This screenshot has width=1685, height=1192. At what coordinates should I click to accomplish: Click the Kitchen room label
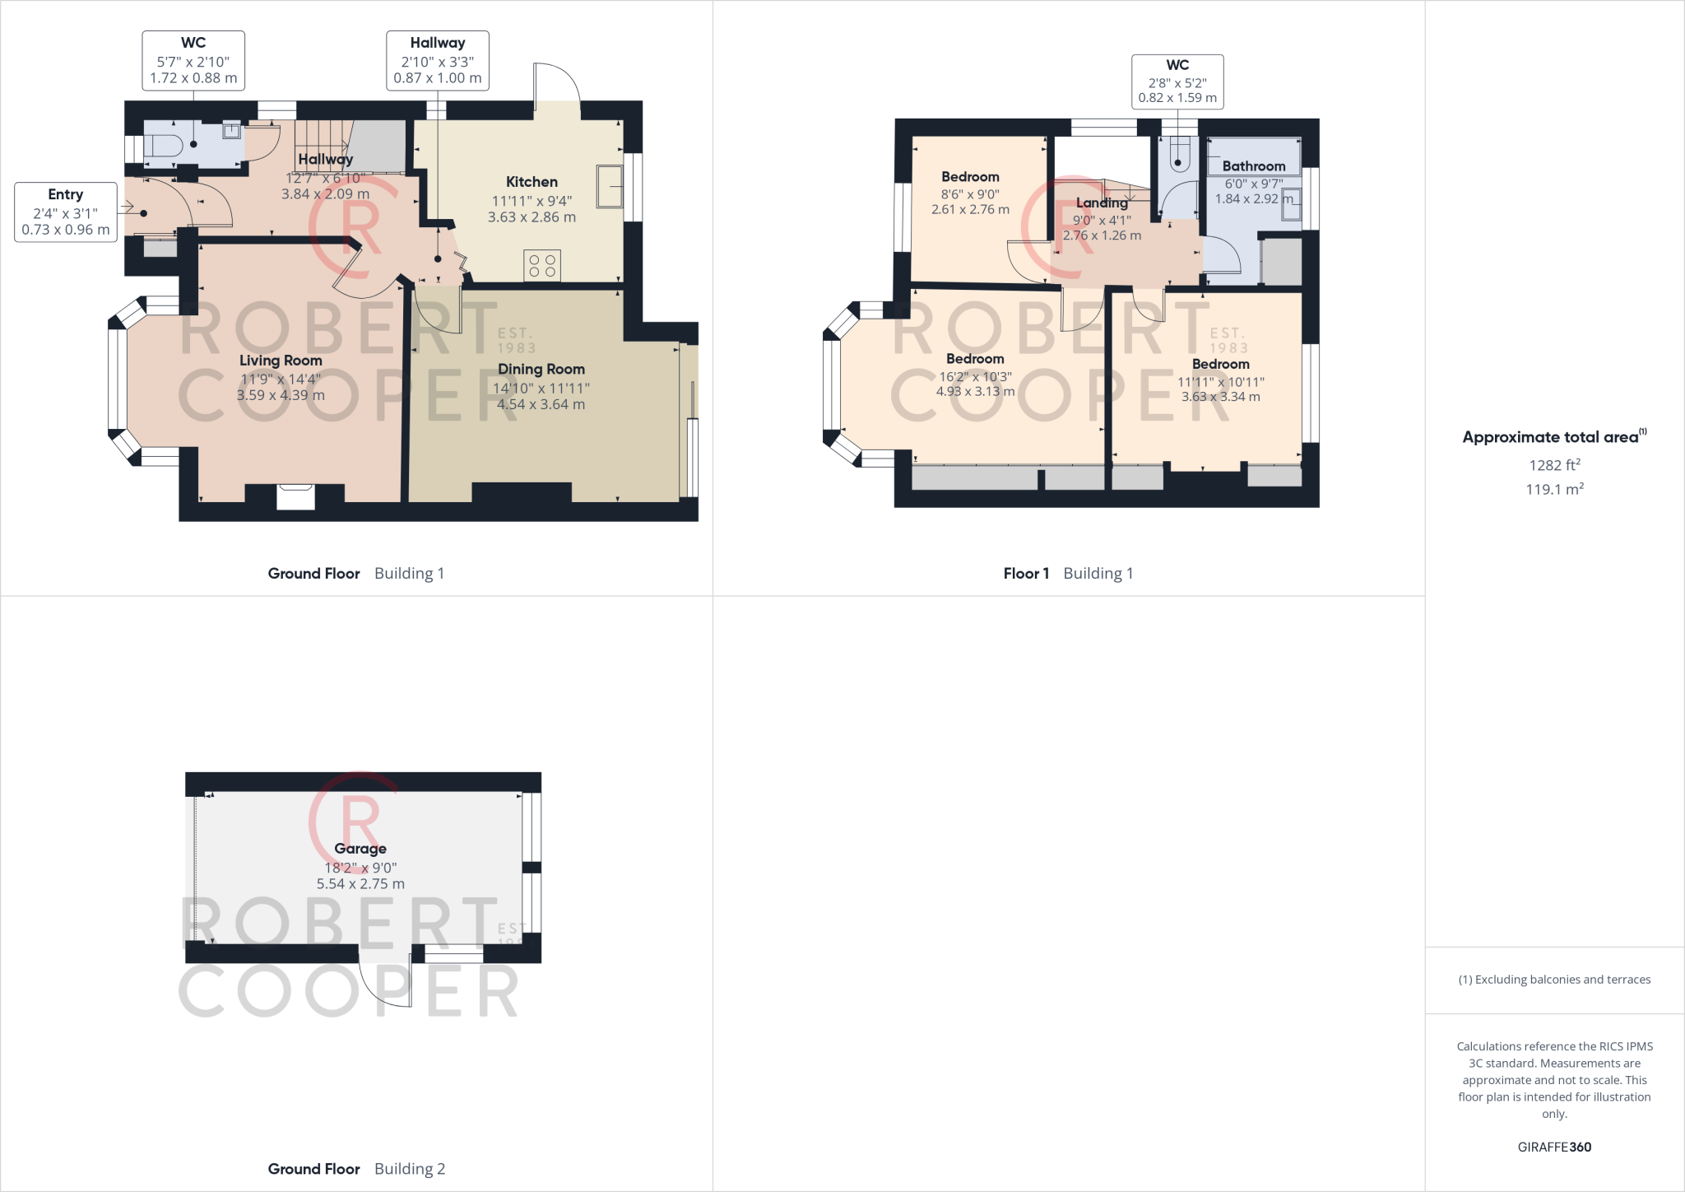[x=531, y=182]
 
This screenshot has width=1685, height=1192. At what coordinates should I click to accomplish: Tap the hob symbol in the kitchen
[x=542, y=266]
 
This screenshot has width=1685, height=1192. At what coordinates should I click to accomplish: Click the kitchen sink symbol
[x=610, y=187]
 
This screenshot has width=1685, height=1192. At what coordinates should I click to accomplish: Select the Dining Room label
[x=541, y=370]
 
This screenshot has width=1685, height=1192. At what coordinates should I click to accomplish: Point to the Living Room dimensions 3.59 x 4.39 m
[x=281, y=395]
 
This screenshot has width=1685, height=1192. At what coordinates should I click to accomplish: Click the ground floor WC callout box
[x=193, y=61]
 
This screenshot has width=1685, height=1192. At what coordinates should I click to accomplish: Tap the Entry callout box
[x=66, y=212]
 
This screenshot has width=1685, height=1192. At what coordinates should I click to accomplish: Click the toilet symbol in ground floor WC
[x=163, y=146]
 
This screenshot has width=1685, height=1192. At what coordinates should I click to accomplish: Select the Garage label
[x=360, y=849]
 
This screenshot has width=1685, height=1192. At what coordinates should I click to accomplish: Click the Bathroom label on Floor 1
[x=1253, y=166]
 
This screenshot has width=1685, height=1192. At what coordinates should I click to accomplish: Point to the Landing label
[x=1102, y=203]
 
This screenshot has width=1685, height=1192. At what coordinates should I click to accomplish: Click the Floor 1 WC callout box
[x=1177, y=81]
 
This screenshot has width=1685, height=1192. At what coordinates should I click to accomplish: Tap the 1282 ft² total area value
[x=1554, y=465]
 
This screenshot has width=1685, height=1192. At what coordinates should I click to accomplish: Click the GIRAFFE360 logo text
[x=1554, y=1147]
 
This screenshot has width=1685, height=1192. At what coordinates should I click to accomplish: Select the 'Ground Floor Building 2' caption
[x=356, y=1169]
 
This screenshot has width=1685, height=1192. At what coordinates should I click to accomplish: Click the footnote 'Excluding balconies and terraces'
[x=1554, y=980]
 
